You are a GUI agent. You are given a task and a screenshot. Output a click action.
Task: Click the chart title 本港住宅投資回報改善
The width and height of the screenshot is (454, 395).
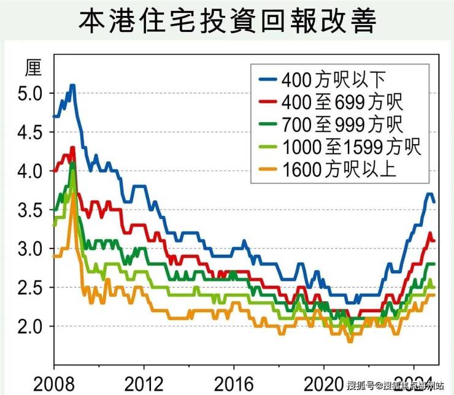tap(227, 21)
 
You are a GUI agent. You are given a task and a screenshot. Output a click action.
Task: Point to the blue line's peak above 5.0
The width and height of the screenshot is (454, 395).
tap(72, 85)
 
